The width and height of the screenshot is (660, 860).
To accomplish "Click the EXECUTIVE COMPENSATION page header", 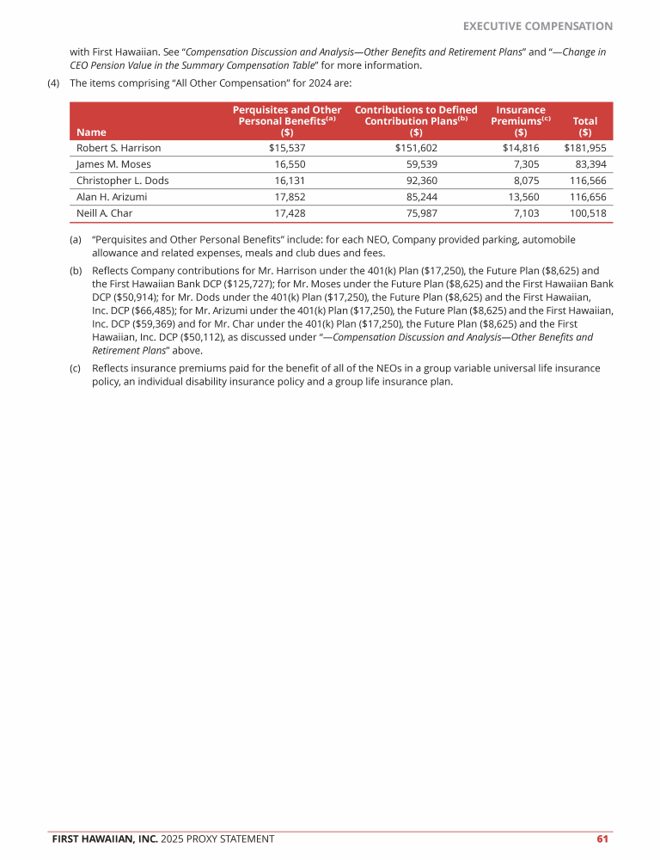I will pyautogui.click(x=538, y=27).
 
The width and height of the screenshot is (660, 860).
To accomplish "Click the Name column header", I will pyautogui.click(x=86, y=132).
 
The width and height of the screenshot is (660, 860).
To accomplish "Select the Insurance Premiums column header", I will pyautogui.click(x=521, y=121).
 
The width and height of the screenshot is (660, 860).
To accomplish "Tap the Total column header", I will pyautogui.click(x=584, y=127).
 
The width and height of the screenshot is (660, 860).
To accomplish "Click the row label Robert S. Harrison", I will pyautogui.click(x=119, y=148).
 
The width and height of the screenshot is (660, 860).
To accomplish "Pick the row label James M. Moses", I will pyautogui.click(x=112, y=164).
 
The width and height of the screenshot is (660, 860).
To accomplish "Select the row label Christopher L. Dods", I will pyautogui.click(x=122, y=181).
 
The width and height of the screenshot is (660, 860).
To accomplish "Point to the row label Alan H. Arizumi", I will pyautogui.click(x=112, y=197).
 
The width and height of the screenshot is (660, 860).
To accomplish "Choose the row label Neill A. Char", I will pyautogui.click(x=105, y=213).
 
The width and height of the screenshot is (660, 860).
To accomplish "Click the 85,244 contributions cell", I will pyautogui.click(x=421, y=197).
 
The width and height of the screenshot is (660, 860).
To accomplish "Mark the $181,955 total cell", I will pyautogui.click(x=585, y=148).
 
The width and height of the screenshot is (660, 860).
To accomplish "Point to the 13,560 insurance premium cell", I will pyautogui.click(x=523, y=197).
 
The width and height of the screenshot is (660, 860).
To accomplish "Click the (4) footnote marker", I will pyautogui.click(x=53, y=83).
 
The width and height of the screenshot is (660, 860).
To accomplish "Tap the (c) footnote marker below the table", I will pyautogui.click(x=76, y=368).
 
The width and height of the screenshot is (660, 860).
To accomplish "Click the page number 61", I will pyautogui.click(x=602, y=838).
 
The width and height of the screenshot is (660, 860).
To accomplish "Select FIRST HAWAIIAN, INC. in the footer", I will pyautogui.click(x=105, y=838).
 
